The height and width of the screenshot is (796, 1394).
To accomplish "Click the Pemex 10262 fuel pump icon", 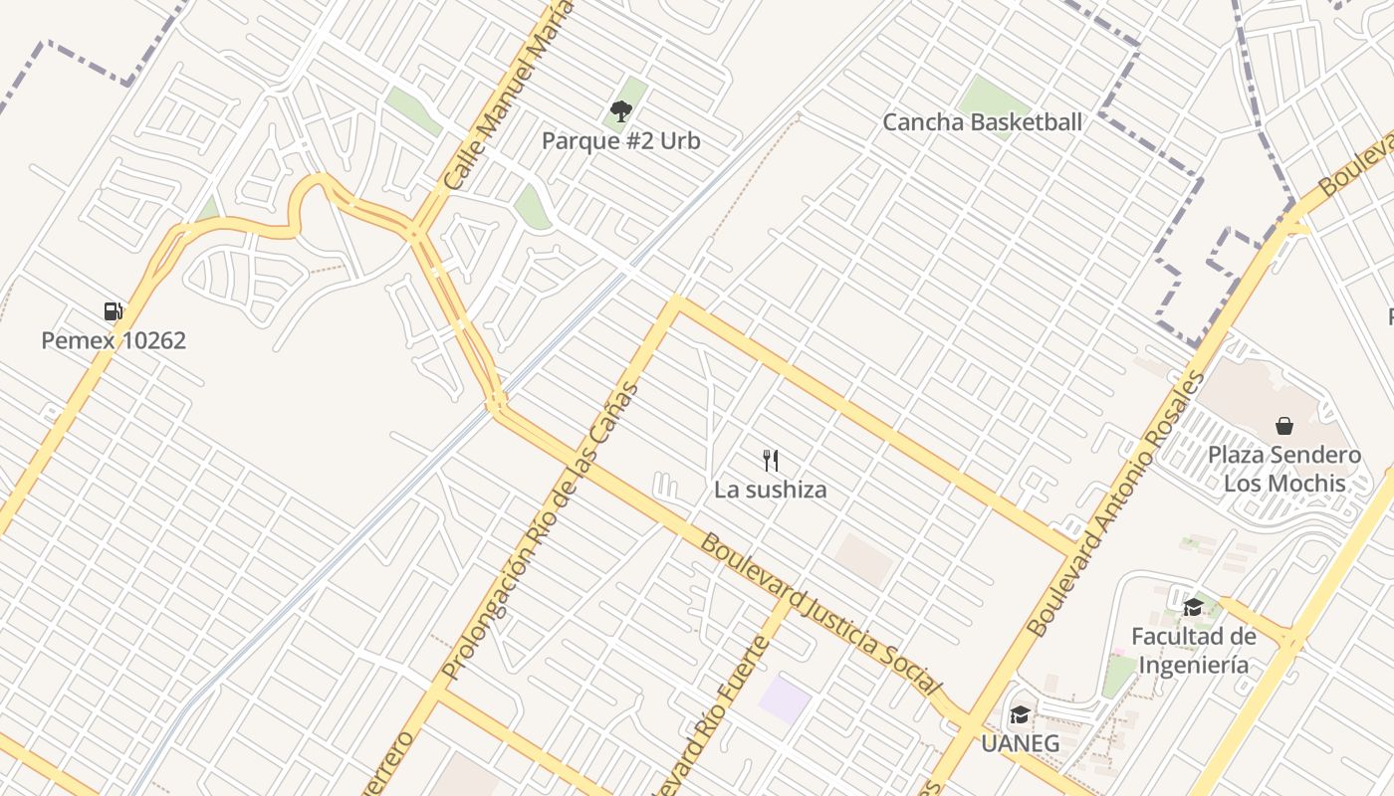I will click(114, 311).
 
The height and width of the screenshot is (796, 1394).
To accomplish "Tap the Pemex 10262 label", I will click(114, 340).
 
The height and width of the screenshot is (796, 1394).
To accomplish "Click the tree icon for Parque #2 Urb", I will click(621, 110).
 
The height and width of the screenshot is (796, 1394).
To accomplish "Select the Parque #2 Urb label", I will click(621, 140).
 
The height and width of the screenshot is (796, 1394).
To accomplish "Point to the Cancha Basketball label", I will click(982, 122).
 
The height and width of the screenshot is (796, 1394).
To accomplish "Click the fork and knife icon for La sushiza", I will click(770, 460).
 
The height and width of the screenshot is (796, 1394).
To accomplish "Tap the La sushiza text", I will click(770, 490).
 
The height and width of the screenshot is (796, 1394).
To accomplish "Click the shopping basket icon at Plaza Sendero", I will click(1284, 426).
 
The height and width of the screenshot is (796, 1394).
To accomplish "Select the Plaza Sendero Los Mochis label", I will click(1284, 469).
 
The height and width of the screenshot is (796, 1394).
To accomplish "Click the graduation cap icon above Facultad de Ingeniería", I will click(1193, 606).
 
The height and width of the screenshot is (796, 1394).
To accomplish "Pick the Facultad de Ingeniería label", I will click(1193, 650).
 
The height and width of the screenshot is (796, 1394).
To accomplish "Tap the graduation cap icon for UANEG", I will click(1020, 714).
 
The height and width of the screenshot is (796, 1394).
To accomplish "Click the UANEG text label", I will click(1020, 743).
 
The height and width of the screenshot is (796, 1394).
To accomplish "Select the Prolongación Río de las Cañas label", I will click(539, 531).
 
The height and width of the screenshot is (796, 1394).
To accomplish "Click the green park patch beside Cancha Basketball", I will click(993, 96).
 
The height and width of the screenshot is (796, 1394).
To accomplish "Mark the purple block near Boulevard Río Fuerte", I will click(785, 699).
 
